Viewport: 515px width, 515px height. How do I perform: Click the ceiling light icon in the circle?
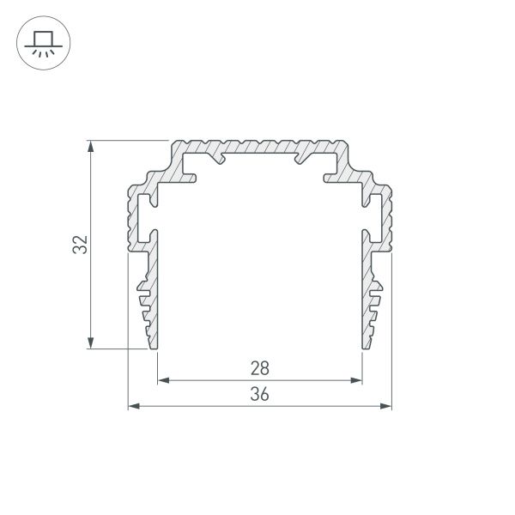click(x=41, y=41)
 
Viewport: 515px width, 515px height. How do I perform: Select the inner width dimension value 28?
click(x=260, y=369)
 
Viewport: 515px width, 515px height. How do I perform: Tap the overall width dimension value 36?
click(x=260, y=394)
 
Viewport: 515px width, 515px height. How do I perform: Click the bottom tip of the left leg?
click(x=154, y=347)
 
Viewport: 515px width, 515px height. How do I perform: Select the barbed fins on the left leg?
click(x=142, y=300)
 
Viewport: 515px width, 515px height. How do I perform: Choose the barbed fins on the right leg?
click(x=377, y=300)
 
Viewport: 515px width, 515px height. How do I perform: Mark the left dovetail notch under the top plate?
click(x=219, y=157)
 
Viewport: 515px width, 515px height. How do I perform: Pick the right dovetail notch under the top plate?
click(x=300, y=157)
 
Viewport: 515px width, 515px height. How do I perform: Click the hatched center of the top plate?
click(x=259, y=147)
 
